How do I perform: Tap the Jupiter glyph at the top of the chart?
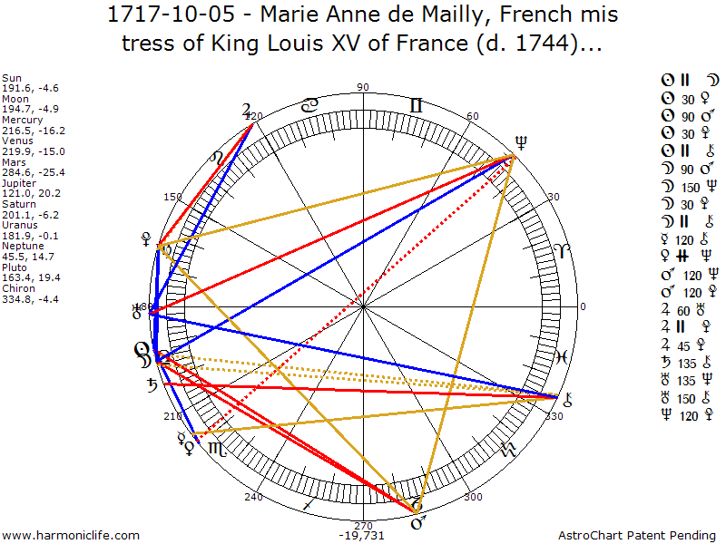(x=247, y=112)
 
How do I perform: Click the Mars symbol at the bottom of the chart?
(x=418, y=522)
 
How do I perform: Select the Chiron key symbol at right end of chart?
(x=569, y=396)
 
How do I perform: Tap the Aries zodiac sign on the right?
(x=556, y=250)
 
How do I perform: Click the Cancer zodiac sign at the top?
(x=309, y=106)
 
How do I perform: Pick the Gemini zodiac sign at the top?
(x=415, y=106)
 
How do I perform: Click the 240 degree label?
(x=253, y=497)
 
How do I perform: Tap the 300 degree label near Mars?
(x=473, y=497)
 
